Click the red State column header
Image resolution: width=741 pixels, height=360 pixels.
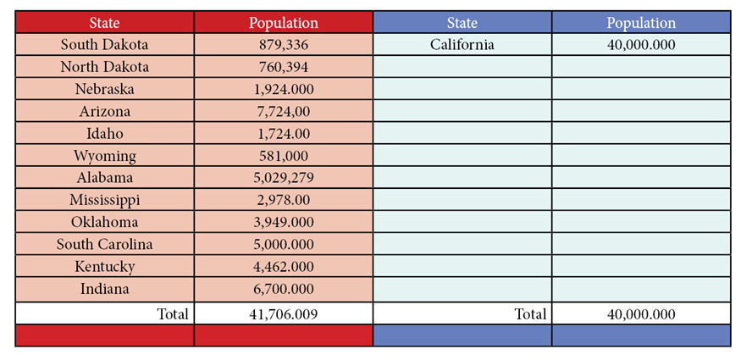pos(104,23)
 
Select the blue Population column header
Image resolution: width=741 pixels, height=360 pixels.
pos(641,23)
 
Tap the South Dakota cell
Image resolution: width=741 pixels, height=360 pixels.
pos(104,45)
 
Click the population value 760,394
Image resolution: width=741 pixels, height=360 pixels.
pos(284,67)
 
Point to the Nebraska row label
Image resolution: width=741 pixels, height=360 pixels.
pos(104,89)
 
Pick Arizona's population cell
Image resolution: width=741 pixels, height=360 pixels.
pos(284,112)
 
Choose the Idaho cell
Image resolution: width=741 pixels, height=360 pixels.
pos(104,134)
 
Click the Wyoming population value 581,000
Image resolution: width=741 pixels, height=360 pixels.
pos(284,156)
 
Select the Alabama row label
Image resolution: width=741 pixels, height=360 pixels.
pos(104,178)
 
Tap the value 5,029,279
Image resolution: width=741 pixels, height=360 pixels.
pos(284,178)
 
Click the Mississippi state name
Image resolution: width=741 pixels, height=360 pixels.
pos(104,200)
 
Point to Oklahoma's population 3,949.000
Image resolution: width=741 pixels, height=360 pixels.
pos(284,223)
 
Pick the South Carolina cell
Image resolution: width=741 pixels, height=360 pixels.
pos(104,245)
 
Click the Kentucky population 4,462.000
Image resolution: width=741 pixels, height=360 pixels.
pos(284,267)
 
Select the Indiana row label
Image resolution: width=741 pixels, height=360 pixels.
pos(104,289)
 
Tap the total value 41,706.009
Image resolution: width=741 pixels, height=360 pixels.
pos(284,314)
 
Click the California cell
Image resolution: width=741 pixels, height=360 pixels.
pos(462,45)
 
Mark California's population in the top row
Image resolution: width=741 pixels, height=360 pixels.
pos(641,45)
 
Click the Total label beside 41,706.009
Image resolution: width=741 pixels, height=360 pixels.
pos(172,314)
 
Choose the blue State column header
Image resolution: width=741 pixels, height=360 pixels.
pos(462,23)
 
